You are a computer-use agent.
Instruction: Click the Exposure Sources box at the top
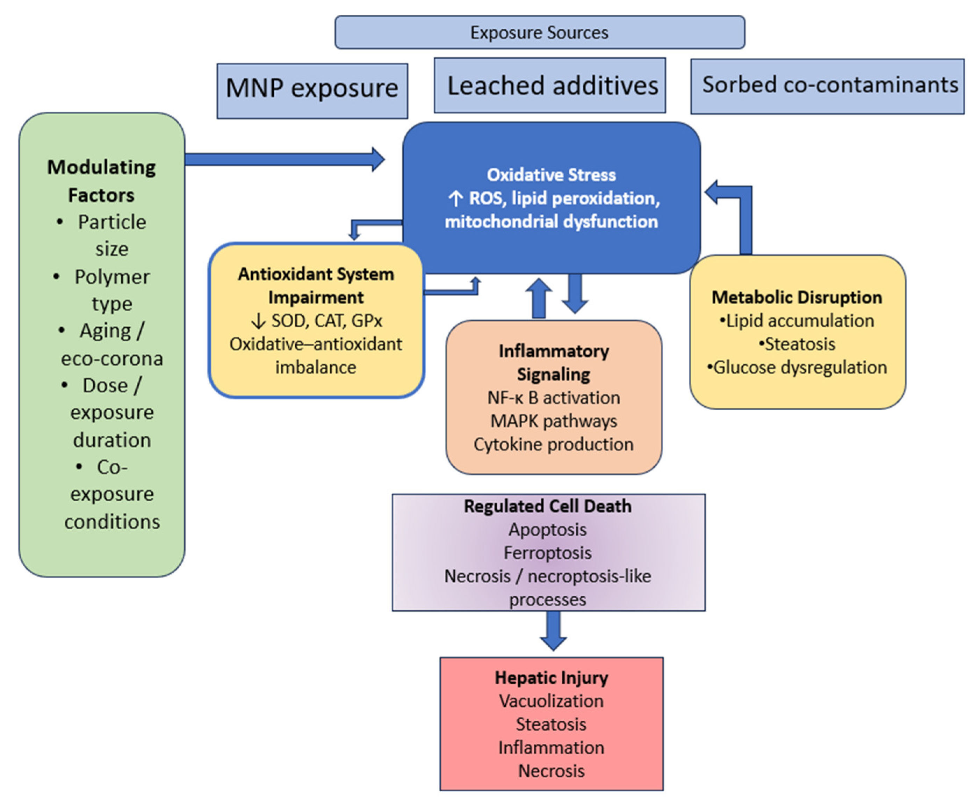tap(540, 32)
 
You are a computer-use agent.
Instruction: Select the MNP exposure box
tap(312, 90)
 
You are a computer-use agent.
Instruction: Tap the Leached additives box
tap(550, 85)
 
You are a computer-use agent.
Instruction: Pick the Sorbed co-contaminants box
tap(827, 86)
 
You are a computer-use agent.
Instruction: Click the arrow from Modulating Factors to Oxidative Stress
tap(284, 159)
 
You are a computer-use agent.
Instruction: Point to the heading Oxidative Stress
tap(551, 175)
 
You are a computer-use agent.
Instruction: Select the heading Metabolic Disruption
tap(797, 297)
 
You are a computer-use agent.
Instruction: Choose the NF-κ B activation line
tap(554, 398)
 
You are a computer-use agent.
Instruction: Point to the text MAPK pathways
tap(554, 421)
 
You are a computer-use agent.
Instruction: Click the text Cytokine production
tap(554, 444)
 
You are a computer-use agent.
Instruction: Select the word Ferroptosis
tap(547, 553)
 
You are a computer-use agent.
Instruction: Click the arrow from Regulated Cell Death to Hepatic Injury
tap(553, 631)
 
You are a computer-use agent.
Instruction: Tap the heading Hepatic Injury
tap(551, 678)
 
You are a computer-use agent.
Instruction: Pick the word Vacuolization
tap(551, 701)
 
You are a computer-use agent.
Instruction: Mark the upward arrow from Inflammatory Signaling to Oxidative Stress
tap(539, 298)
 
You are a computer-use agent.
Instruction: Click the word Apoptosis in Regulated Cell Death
tap(547, 530)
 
